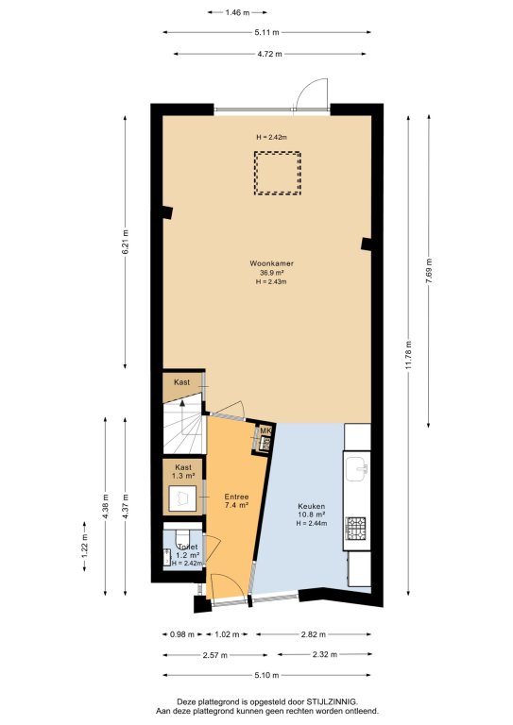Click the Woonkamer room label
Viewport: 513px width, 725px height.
[x=271, y=263]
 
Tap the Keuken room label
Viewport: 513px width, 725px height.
[x=312, y=506]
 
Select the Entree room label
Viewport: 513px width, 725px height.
[x=236, y=497]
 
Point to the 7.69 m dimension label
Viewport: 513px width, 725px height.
[x=429, y=272]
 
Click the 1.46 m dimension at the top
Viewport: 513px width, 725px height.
[x=237, y=12]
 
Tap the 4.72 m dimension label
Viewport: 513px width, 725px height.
[x=269, y=54]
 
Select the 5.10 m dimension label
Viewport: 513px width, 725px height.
[x=266, y=676]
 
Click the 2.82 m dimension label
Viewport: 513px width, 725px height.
[x=313, y=634]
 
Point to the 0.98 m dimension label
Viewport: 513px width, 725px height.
[x=182, y=634]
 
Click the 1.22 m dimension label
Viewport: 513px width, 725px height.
[x=85, y=547]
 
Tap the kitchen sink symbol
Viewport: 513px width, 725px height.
[x=357, y=468]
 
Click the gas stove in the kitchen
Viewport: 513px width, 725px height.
[x=355, y=529]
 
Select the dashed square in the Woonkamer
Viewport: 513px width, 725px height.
[x=278, y=173]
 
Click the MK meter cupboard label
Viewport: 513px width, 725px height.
[x=265, y=430]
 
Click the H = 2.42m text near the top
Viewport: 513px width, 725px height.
[x=272, y=137]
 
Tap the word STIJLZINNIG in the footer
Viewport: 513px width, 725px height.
[x=333, y=701]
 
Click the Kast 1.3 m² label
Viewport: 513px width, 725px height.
[x=183, y=472]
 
